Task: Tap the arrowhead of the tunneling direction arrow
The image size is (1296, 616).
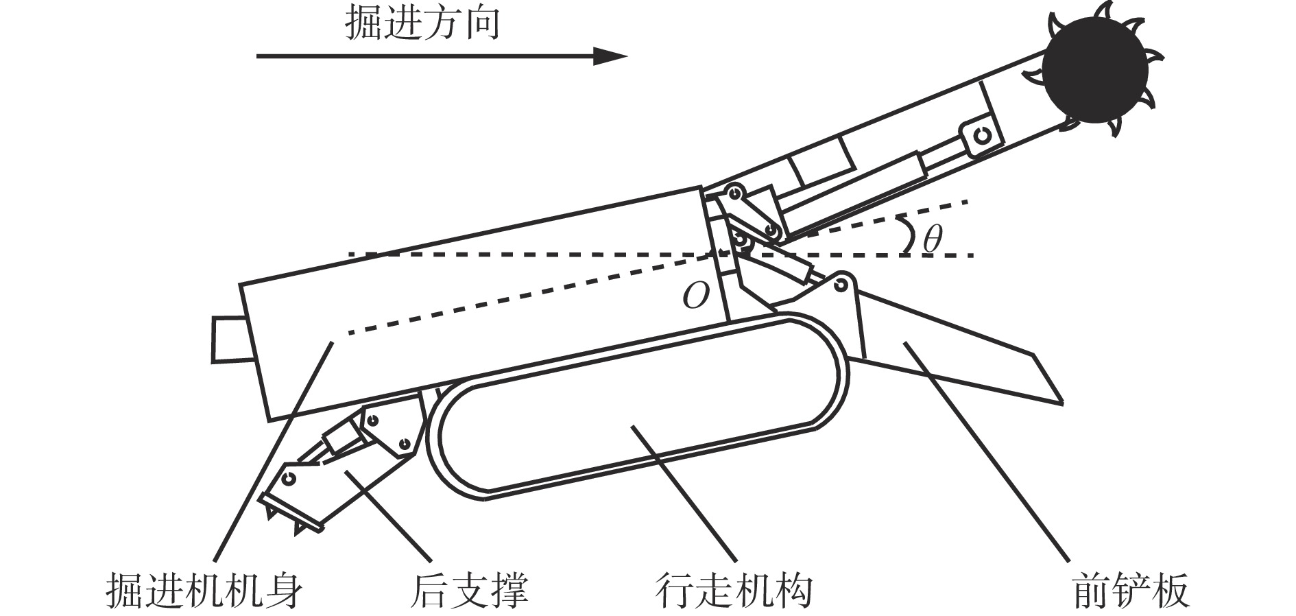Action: click(610, 56)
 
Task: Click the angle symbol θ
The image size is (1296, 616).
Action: click(932, 239)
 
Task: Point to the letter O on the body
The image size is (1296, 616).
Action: click(695, 296)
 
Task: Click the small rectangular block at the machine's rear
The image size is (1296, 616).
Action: click(228, 339)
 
